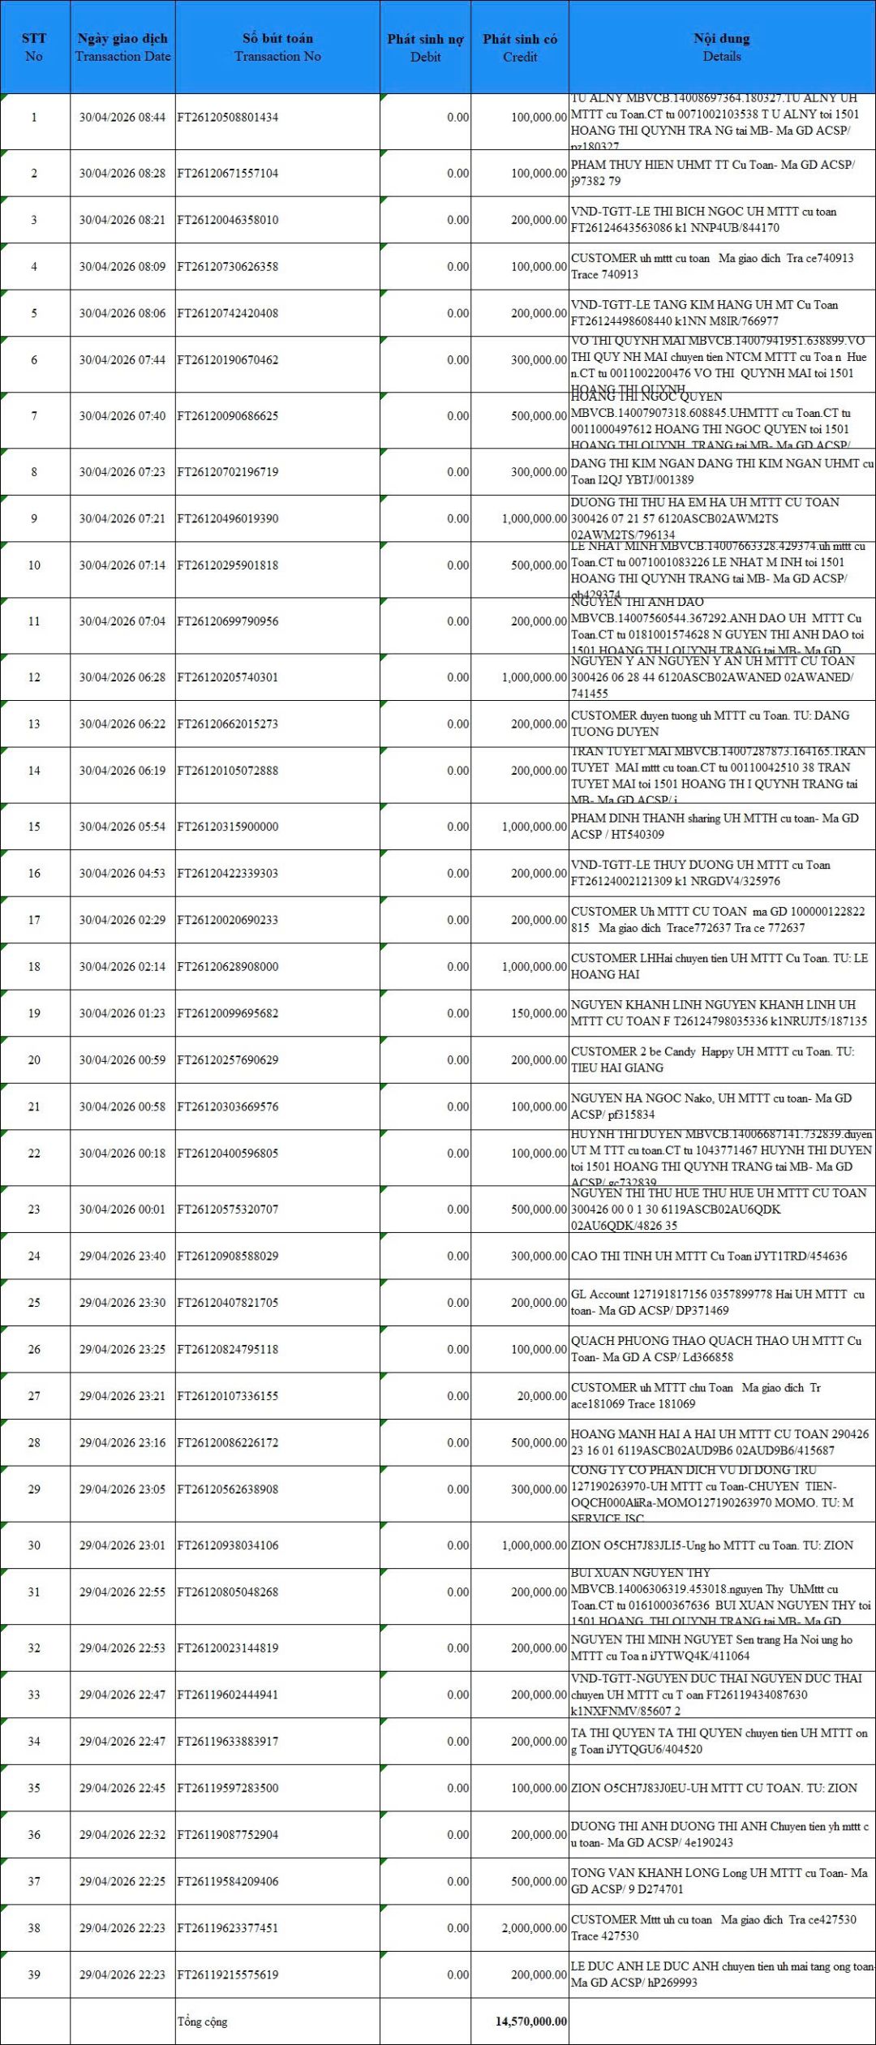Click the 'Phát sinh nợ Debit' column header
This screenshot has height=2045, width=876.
click(425, 47)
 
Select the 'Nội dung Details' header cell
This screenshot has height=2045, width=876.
click(721, 47)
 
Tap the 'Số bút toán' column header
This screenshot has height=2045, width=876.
click(277, 47)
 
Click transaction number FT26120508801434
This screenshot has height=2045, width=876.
click(228, 118)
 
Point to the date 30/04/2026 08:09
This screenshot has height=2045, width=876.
click(122, 267)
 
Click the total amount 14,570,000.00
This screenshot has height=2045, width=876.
click(531, 2021)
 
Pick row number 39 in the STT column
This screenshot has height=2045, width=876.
click(34, 1974)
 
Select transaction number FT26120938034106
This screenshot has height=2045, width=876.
click(228, 1545)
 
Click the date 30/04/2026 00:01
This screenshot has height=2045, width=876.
click(122, 1209)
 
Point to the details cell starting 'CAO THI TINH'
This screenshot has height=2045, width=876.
click(708, 1256)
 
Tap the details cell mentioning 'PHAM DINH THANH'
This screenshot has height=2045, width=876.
click(714, 826)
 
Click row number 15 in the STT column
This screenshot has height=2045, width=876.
click(34, 827)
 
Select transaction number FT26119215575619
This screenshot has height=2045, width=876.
click(228, 1974)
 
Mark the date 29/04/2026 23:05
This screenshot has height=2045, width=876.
click(122, 1489)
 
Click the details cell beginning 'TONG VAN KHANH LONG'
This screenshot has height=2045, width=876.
click(719, 1880)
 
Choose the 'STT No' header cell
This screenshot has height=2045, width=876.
click(34, 47)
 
